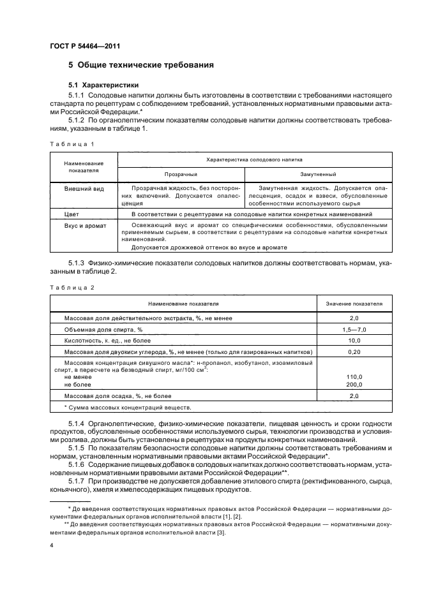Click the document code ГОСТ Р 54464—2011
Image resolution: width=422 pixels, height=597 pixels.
(85, 47)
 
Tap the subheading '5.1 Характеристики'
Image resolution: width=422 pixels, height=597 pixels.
(103, 85)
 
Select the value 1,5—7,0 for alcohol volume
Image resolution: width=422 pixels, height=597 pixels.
(354, 329)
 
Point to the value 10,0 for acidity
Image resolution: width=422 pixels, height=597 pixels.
(354, 341)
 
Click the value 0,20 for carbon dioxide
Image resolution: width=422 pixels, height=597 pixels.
(354, 352)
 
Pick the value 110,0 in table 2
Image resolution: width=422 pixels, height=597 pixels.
(354, 377)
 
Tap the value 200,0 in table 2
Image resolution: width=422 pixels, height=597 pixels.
(354, 385)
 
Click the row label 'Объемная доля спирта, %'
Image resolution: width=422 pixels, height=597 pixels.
(103, 329)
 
